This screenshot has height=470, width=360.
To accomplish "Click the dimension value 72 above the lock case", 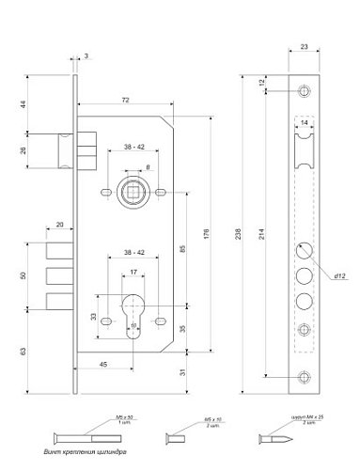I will click(x=124, y=99).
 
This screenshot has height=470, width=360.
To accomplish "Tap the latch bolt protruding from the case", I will click(x=61, y=148).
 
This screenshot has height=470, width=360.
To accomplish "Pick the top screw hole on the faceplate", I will click(x=305, y=92).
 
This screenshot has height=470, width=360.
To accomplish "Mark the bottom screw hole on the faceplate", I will click(x=305, y=377).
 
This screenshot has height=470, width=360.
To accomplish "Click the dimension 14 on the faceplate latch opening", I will click(x=305, y=123).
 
